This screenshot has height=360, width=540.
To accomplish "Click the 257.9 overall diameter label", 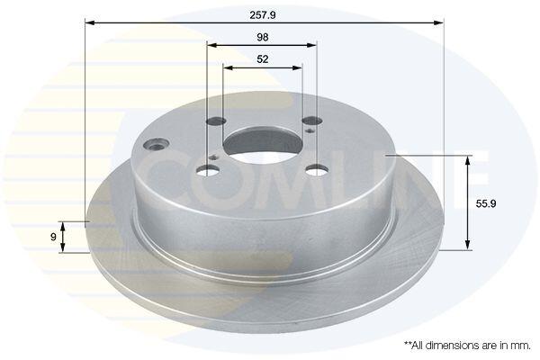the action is pyautogui.click(x=263, y=15).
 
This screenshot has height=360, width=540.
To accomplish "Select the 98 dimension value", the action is pyautogui.click(x=263, y=37).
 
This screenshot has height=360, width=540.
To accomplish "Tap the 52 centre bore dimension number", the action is pyautogui.click(x=263, y=59).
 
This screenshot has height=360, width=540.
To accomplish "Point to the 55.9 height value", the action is pyautogui.click(x=486, y=203).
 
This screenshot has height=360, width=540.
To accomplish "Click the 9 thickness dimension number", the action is pyautogui.click(x=53, y=237).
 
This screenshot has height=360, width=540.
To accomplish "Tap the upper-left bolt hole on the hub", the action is pyautogui.click(x=216, y=121).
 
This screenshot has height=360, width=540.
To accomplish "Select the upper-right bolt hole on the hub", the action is pyautogui.click(x=312, y=121).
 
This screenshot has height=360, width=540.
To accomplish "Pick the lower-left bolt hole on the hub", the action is pyautogui.click(x=209, y=170).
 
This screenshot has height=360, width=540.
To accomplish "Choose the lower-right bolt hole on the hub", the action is pyautogui.click(x=318, y=170).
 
